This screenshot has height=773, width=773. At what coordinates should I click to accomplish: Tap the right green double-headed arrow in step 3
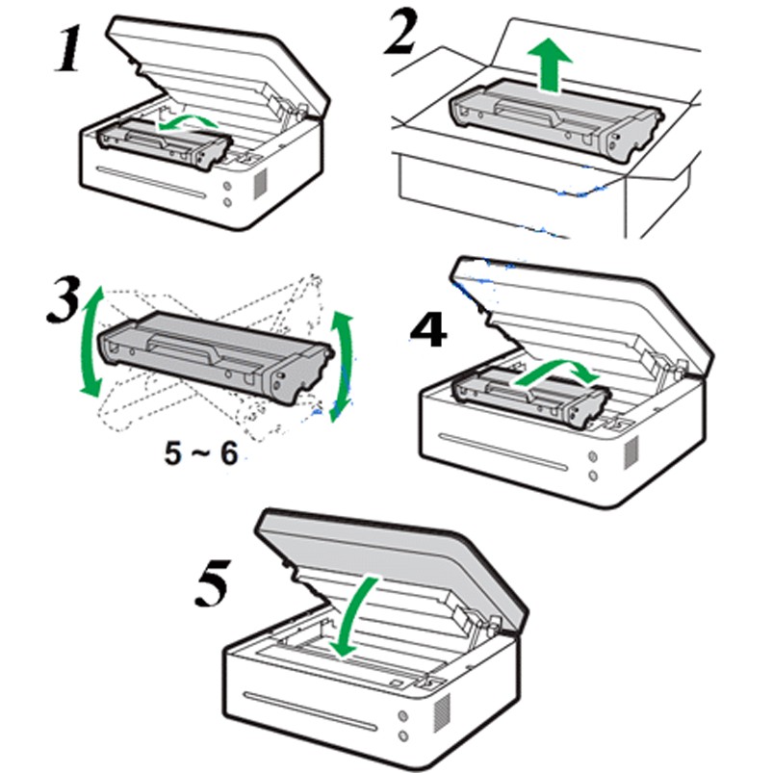click(341, 365)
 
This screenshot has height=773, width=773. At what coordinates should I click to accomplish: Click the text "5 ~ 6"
click(200, 453)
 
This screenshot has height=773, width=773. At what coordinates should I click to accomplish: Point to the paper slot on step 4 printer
click(502, 454)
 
